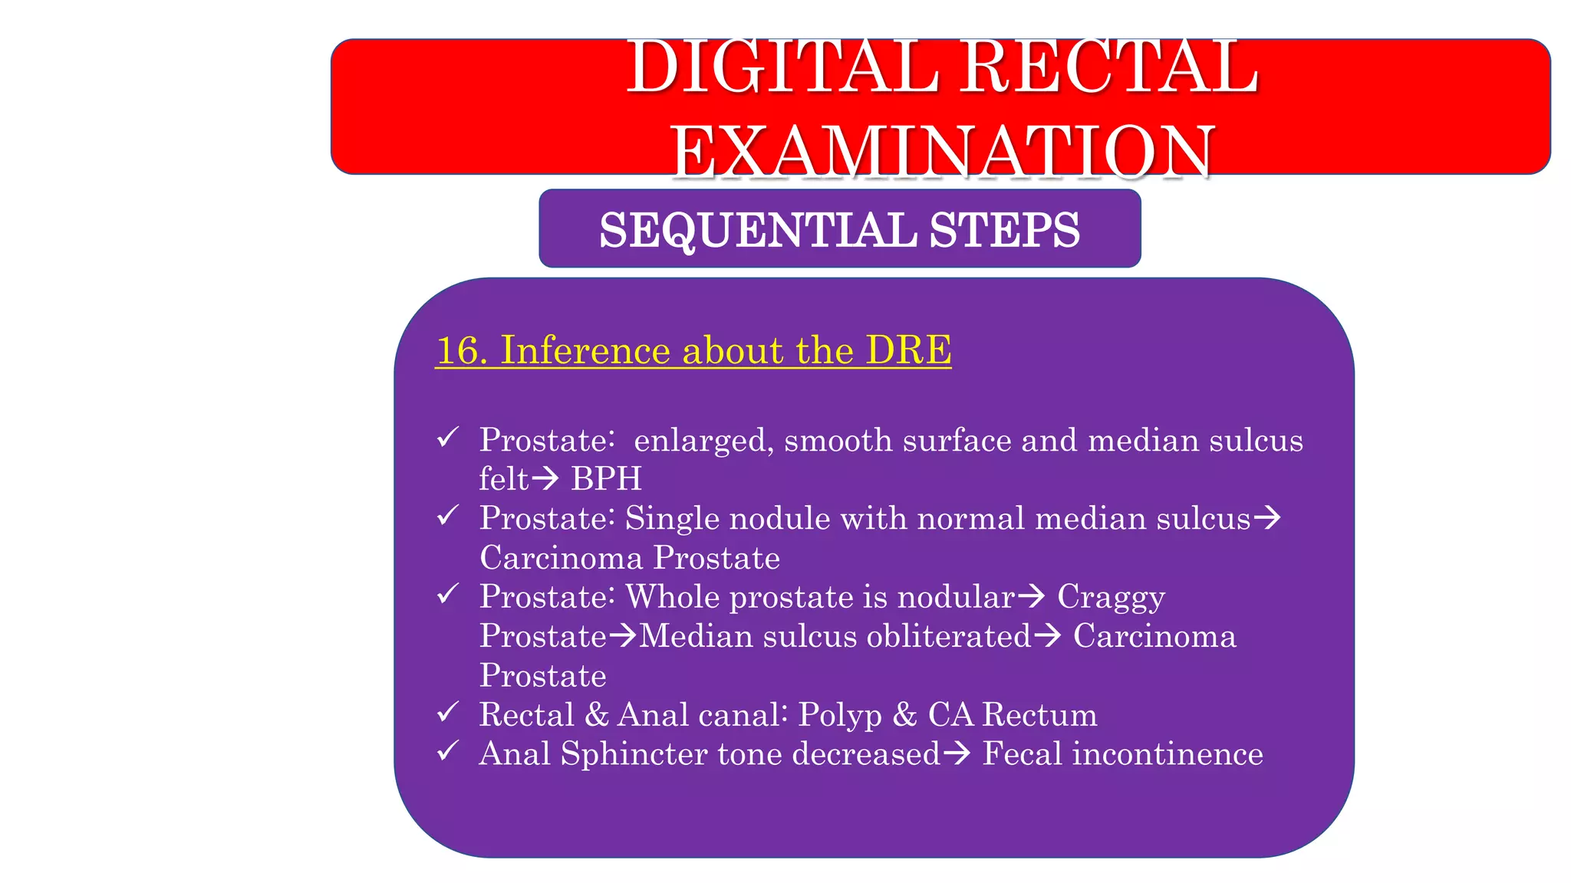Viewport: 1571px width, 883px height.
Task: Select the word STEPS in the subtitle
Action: pos(1004,230)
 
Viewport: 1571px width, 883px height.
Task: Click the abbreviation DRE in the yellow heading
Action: pos(908,350)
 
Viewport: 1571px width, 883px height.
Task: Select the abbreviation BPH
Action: pos(606,479)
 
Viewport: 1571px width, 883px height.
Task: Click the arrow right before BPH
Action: pos(546,480)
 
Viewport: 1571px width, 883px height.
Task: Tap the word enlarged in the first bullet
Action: pos(699,441)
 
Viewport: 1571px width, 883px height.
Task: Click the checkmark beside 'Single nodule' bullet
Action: pos(448,516)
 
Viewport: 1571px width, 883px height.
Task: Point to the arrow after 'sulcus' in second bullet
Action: pos(1267,519)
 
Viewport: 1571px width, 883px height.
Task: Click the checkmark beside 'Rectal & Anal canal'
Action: pos(448,712)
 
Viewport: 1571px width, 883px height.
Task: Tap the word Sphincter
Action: pos(634,754)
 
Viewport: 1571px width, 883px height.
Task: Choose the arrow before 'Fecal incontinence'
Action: pos(957,754)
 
